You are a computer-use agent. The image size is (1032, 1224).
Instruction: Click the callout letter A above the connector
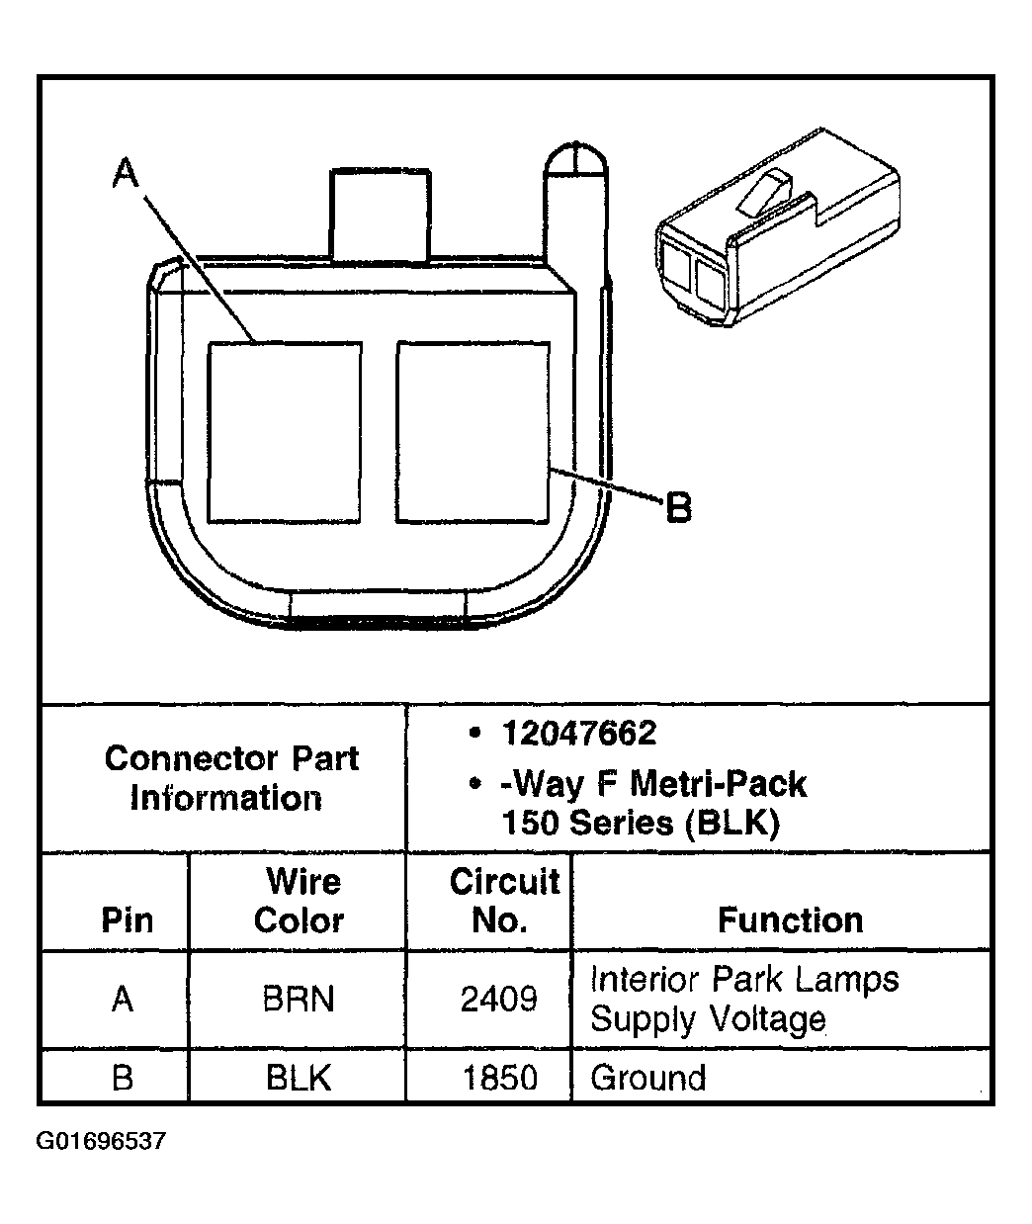[125, 174]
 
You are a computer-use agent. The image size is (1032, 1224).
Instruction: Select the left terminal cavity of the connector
[284, 432]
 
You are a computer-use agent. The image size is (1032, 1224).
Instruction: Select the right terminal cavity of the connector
[473, 432]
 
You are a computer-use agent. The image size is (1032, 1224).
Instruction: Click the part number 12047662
[578, 734]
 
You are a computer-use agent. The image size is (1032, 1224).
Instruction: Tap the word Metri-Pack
[719, 784]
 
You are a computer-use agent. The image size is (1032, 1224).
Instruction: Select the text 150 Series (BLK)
[641, 823]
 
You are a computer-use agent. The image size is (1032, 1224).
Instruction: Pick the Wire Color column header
[300, 901]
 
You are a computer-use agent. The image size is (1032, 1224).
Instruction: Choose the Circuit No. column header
[503, 901]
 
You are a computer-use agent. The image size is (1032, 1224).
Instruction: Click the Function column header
[790, 920]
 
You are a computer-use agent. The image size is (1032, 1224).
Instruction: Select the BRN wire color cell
[299, 1000]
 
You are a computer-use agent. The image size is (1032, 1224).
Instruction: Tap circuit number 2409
[499, 1000]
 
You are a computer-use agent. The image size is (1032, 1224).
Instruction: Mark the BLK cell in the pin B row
[299, 1077]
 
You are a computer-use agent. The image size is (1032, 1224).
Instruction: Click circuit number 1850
[499, 1077]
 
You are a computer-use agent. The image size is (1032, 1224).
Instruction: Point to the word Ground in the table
[648, 1077]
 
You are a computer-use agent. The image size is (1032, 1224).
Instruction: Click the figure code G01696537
[102, 1142]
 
